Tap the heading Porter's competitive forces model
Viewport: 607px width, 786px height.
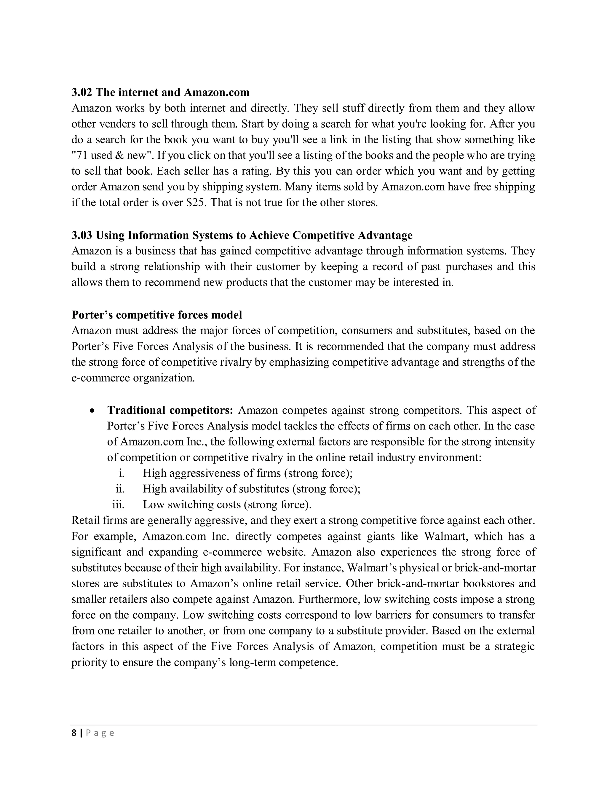[x=156, y=315]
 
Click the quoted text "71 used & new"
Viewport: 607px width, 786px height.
[x=113, y=155]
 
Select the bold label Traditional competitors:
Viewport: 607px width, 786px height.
[x=170, y=410]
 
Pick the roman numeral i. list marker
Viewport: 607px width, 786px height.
[x=121, y=473]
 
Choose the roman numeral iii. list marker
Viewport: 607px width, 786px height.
[x=118, y=505]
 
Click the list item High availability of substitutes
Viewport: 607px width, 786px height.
[x=251, y=489]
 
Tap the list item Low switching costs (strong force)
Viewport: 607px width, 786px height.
[x=227, y=505]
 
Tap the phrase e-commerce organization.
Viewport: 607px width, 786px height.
[x=133, y=378]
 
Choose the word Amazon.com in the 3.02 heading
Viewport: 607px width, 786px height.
[x=216, y=93]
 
